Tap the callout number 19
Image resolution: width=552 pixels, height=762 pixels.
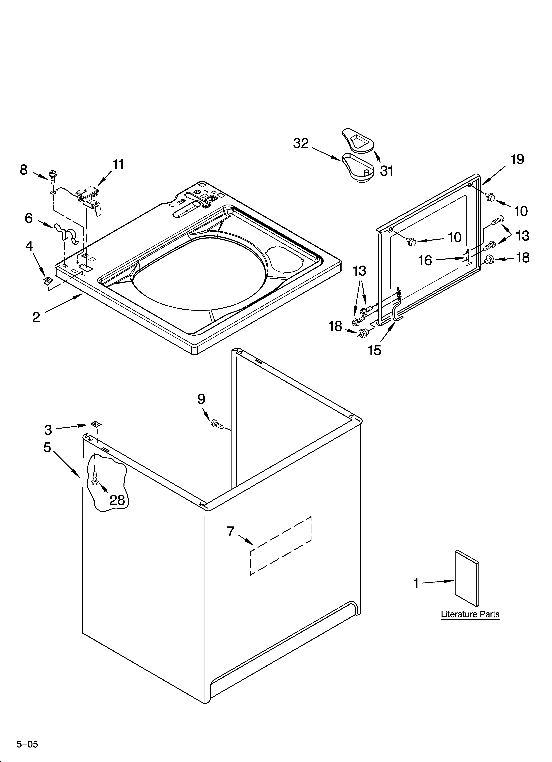[517, 159]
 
